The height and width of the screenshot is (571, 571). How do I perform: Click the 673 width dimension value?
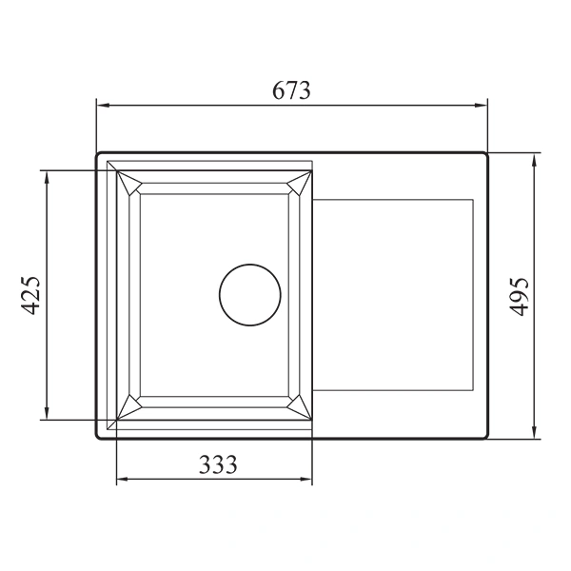[x=291, y=91]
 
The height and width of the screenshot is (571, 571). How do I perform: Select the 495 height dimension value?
[x=519, y=295]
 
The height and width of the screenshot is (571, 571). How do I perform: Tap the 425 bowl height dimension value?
[x=31, y=295]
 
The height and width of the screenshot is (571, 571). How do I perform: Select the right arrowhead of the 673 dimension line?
[x=482, y=107]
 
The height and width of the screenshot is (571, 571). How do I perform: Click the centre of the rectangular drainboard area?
[x=392, y=295]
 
